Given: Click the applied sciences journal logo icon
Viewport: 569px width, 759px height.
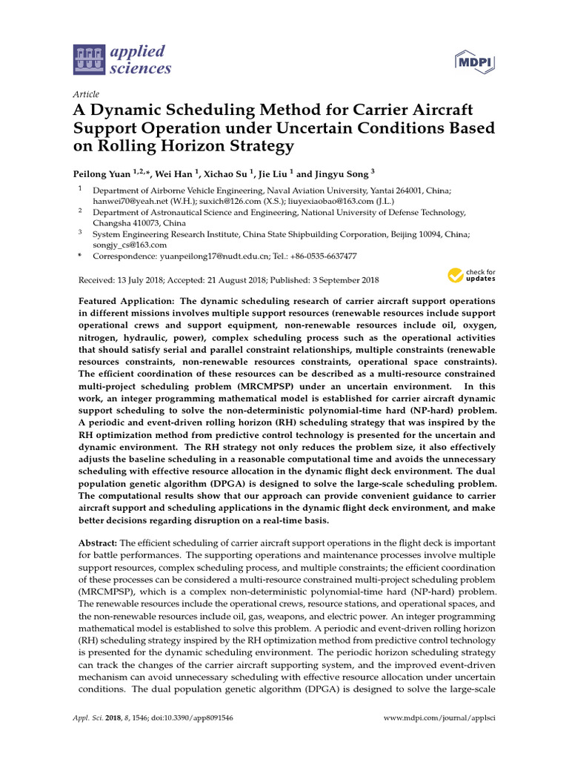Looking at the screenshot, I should tap(90, 60).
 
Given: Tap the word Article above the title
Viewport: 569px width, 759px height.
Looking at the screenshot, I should tap(86, 94).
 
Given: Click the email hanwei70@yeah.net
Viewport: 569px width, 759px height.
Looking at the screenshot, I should tap(124, 200).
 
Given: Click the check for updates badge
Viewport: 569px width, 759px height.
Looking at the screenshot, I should tap(471, 276).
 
